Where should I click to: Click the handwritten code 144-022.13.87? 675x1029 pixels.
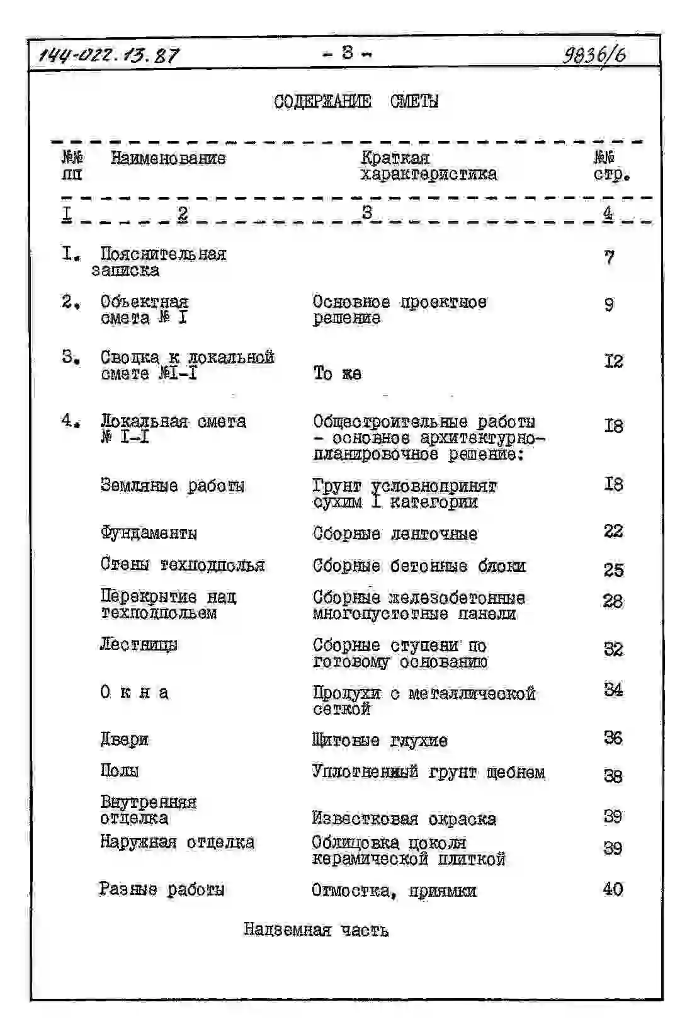point(109,55)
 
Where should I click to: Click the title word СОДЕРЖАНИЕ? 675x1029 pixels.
point(322,101)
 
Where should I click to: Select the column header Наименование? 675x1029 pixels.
point(168,158)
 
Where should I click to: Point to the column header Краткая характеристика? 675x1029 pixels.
point(428,166)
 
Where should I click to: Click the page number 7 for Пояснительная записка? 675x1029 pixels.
point(608,257)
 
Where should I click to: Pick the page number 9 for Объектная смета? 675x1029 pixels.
point(608,305)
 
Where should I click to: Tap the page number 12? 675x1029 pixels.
point(613,361)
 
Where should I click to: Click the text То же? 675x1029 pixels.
point(337,373)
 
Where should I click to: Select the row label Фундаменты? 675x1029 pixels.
point(149,533)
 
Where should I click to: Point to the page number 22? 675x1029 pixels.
point(613,531)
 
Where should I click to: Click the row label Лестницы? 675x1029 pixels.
point(139,644)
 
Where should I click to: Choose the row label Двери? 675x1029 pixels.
point(124,739)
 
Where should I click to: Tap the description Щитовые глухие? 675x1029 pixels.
point(380,741)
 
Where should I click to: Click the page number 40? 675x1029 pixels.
point(612,889)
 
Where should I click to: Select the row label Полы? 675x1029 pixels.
point(119,770)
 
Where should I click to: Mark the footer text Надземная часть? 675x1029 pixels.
point(316,930)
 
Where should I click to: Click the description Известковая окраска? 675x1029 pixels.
point(404,819)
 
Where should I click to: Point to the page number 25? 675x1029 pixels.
point(613,569)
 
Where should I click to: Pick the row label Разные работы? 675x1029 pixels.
point(162,889)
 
